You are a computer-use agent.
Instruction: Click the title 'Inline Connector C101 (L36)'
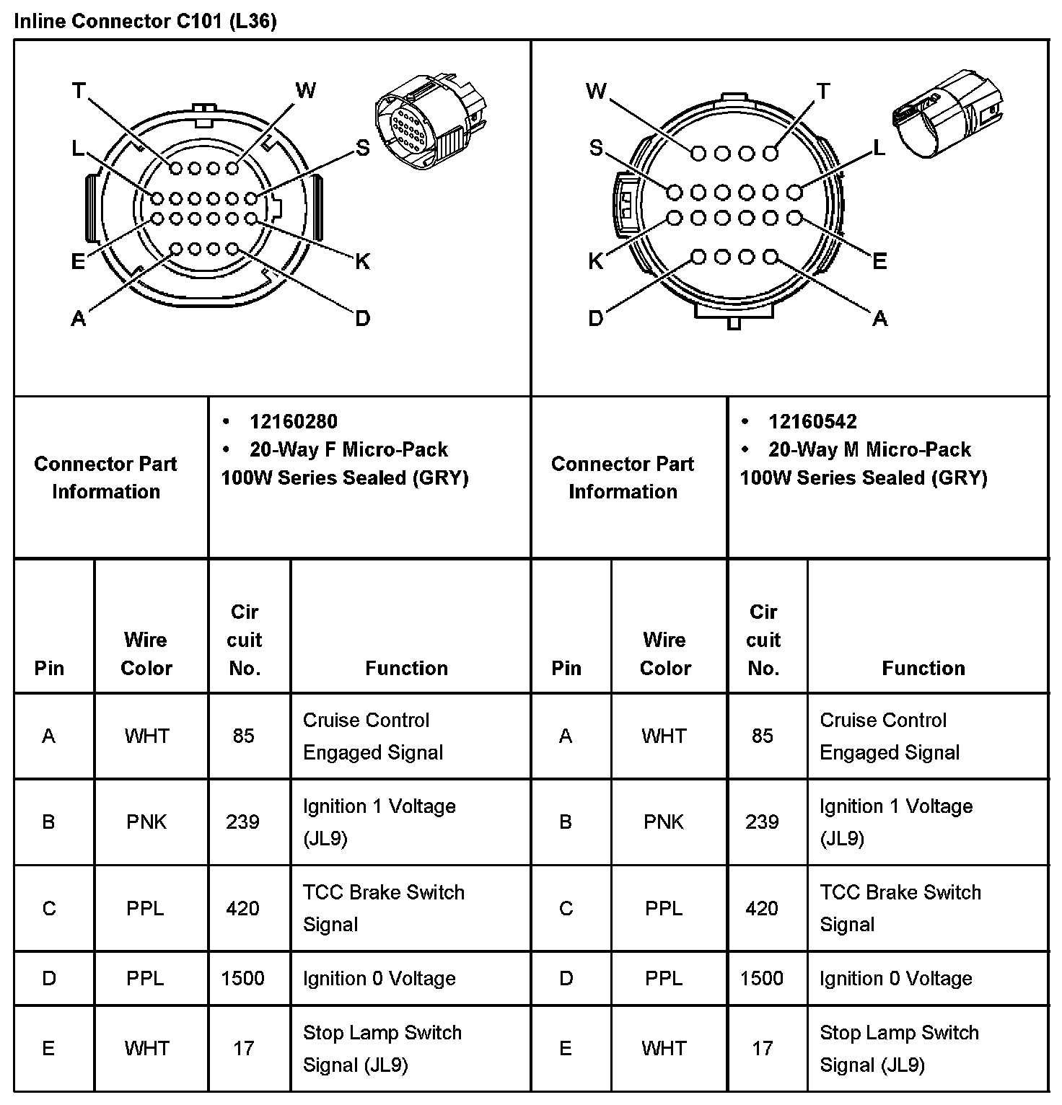point(145,21)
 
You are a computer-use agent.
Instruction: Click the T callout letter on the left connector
point(79,91)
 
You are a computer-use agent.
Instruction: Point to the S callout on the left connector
point(362,149)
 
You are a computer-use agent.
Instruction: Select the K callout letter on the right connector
point(595,261)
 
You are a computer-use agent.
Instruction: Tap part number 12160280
point(293,421)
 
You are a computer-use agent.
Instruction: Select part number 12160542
point(812,421)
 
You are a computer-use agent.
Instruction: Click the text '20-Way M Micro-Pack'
point(869,449)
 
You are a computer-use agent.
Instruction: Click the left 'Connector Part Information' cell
point(105,477)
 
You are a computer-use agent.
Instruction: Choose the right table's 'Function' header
point(923,668)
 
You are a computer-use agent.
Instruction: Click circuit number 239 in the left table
point(242,822)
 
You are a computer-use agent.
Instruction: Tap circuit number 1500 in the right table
point(761,978)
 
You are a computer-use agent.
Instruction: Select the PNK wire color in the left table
point(146,822)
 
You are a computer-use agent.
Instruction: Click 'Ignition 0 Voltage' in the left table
point(379,978)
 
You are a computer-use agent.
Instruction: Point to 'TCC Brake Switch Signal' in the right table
point(900,908)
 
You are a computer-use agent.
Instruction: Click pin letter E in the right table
point(566,1048)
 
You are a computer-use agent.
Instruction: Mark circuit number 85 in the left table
point(243,736)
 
